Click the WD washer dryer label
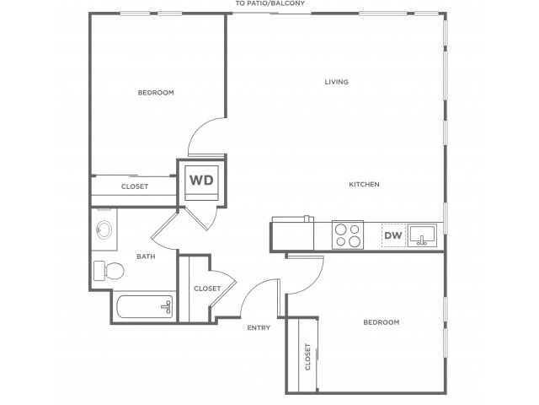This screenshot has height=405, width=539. (201, 180)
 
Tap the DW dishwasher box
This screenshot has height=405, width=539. (393, 235)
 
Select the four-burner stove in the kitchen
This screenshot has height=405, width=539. (348, 235)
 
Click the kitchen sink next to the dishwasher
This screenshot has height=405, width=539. (422, 235)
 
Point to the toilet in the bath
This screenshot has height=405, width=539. (109, 271)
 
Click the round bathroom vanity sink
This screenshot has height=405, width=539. (104, 229)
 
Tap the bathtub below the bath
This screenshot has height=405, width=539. (144, 307)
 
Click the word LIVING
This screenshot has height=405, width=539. (337, 82)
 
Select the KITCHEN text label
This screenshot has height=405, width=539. (365, 185)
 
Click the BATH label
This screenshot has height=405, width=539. (146, 256)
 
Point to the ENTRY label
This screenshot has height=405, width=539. (259, 328)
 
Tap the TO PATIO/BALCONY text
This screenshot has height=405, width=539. (269, 3)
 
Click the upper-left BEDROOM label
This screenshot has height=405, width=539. (156, 93)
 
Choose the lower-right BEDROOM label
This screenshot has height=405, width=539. (382, 322)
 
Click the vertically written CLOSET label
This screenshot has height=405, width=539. (307, 357)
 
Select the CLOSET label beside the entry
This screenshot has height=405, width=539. (207, 289)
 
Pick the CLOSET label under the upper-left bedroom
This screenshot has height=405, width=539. (135, 186)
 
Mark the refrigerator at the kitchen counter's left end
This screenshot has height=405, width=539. (292, 234)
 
